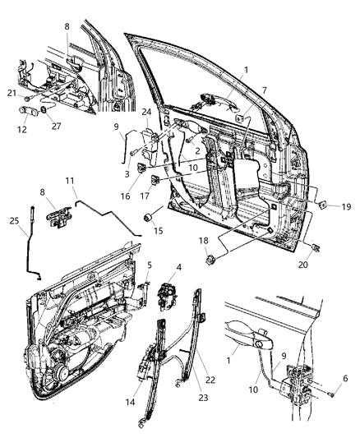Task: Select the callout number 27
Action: [x=57, y=126]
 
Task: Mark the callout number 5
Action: [x=149, y=265]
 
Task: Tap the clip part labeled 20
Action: [x=317, y=244]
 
